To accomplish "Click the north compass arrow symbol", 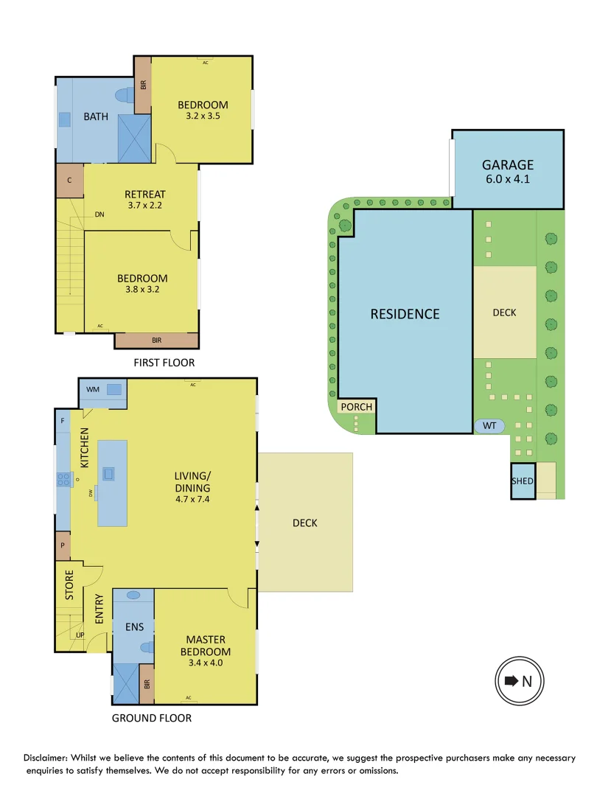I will [512, 680].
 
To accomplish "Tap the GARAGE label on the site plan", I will [507, 165].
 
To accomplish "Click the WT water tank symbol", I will [489, 425].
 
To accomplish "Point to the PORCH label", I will [356, 407].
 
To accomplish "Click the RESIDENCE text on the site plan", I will [405, 314].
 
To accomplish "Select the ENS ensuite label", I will [133, 627].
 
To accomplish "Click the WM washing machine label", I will [93, 389].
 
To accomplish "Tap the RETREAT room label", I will [144, 195].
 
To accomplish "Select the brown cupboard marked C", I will [69, 181].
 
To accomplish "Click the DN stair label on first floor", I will [99, 215].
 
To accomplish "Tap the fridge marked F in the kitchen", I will [63, 421].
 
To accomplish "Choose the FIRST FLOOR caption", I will [164, 363].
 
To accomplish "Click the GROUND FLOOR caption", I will [151, 718].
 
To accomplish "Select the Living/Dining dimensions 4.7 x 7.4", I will [192, 500].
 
